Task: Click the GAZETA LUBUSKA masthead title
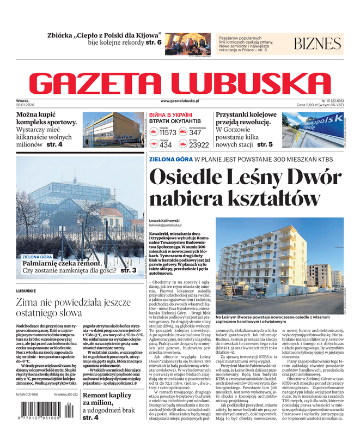(180, 83)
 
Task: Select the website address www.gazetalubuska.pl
(187, 101)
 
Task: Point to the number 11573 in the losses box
(167, 132)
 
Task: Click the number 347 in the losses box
(195, 132)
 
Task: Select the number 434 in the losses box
(166, 145)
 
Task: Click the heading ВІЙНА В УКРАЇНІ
(170, 115)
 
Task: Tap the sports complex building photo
(113, 130)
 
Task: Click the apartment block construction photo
(279, 265)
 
